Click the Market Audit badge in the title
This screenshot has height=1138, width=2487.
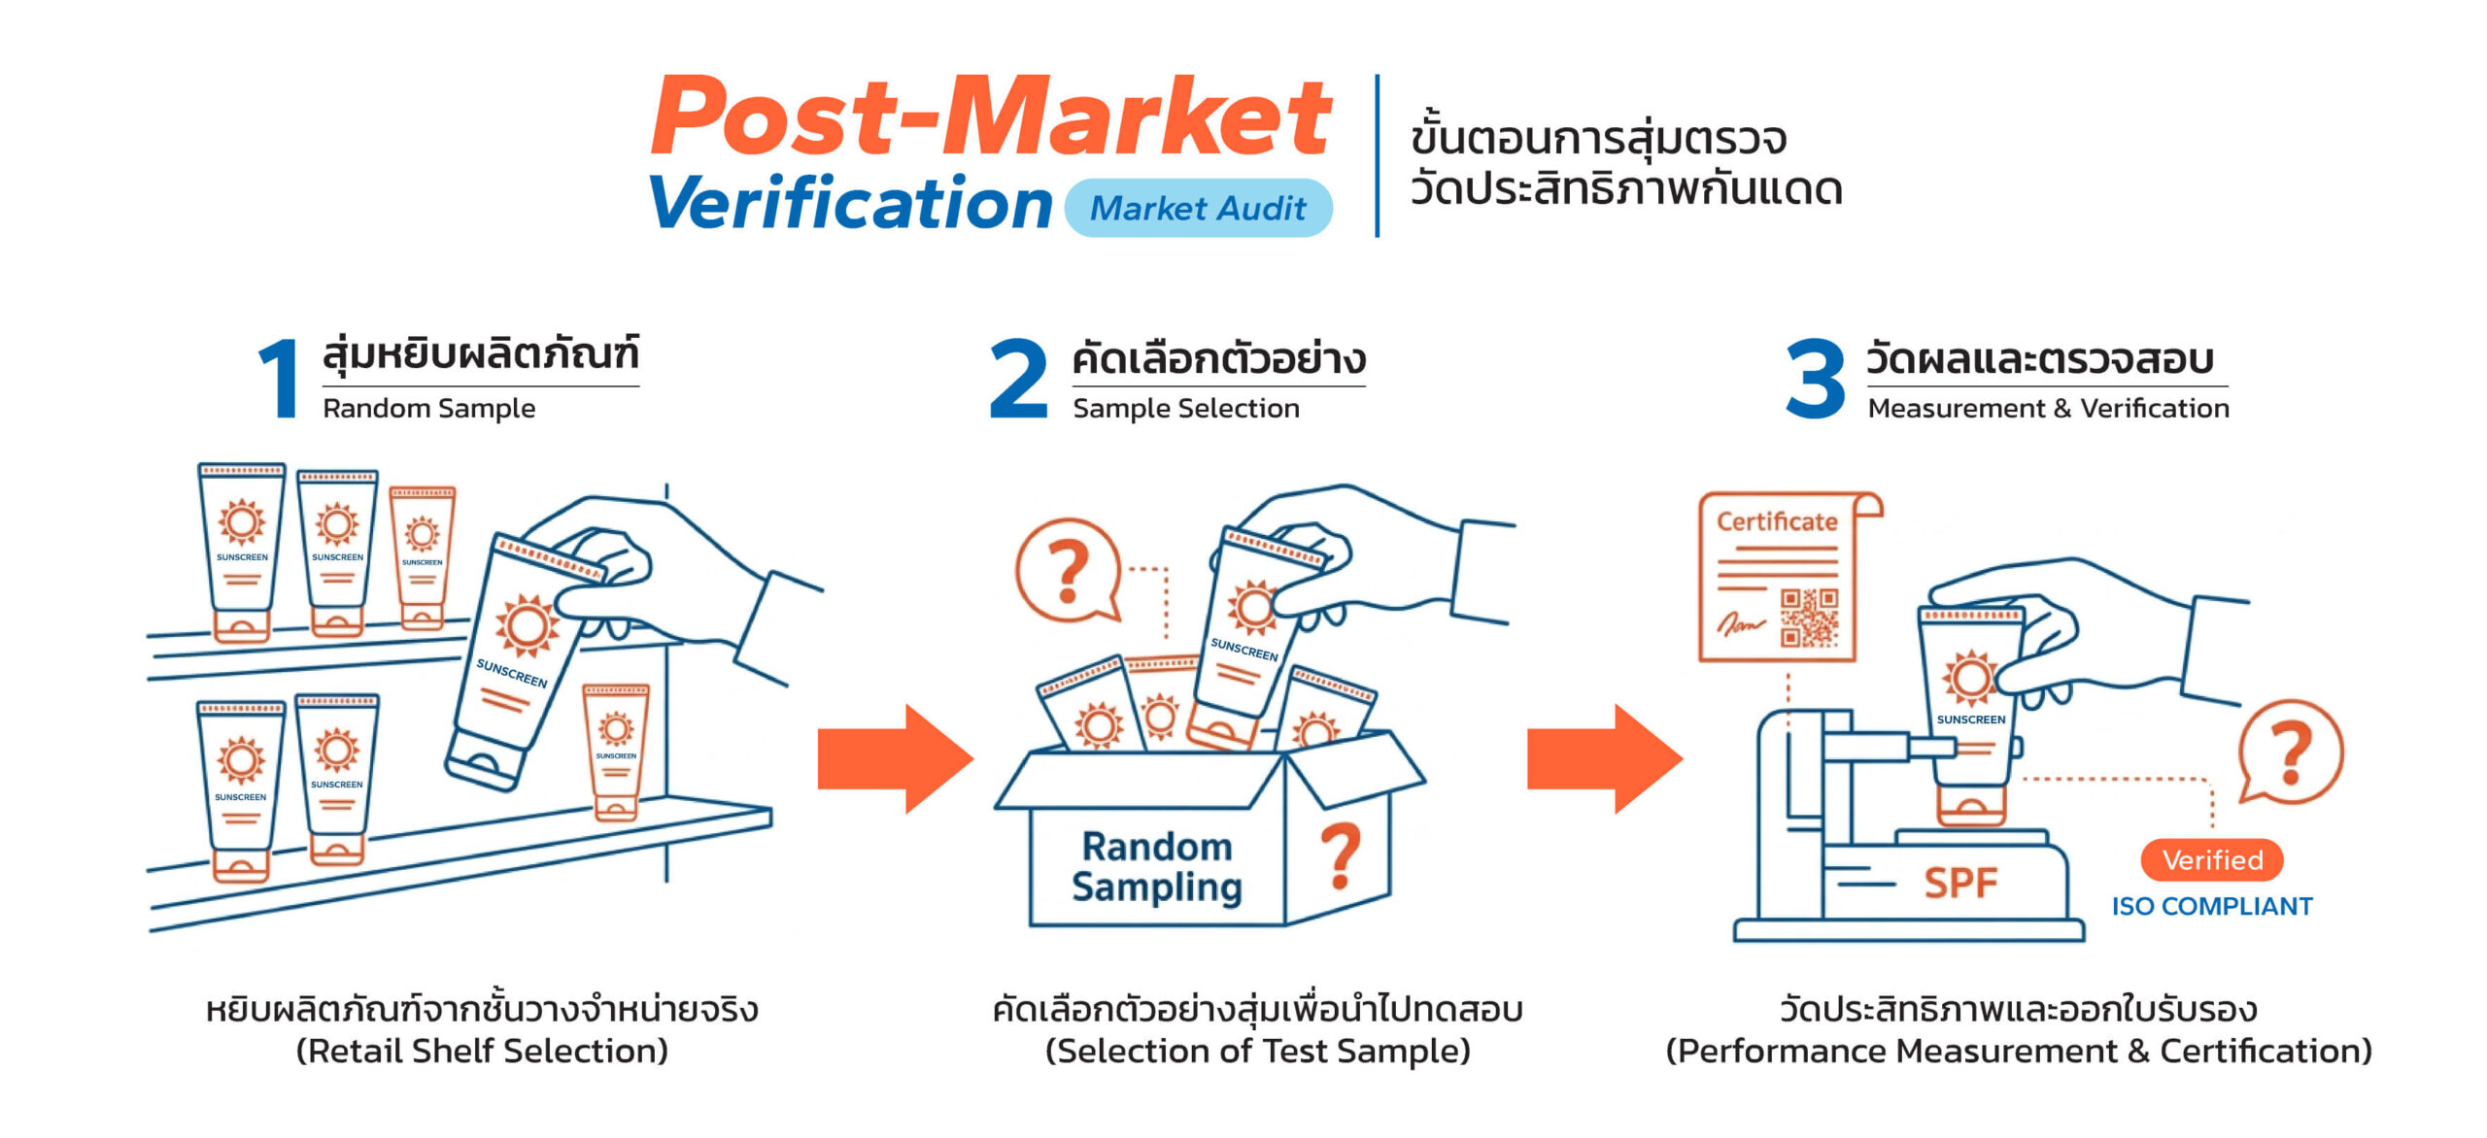(1197, 208)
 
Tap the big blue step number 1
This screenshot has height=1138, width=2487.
(280, 379)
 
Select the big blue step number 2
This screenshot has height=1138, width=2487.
(1018, 379)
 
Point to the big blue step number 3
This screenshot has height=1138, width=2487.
(1815, 379)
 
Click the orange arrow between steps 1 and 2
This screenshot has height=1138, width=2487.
(894, 758)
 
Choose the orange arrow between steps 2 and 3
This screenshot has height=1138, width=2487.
(1603, 758)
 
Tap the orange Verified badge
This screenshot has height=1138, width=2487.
(2212, 860)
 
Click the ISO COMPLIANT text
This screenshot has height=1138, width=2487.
(2212, 907)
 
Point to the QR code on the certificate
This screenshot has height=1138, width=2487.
(1809, 618)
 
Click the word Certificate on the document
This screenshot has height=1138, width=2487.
(1777, 521)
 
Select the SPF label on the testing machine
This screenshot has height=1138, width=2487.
(1960, 883)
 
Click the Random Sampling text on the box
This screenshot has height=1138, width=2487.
(1157, 867)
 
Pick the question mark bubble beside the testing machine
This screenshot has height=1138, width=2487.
(2291, 752)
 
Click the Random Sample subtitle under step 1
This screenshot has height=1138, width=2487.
(428, 409)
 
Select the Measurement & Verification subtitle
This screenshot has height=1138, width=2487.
(2048, 409)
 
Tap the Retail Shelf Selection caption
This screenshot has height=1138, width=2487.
(482, 1052)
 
